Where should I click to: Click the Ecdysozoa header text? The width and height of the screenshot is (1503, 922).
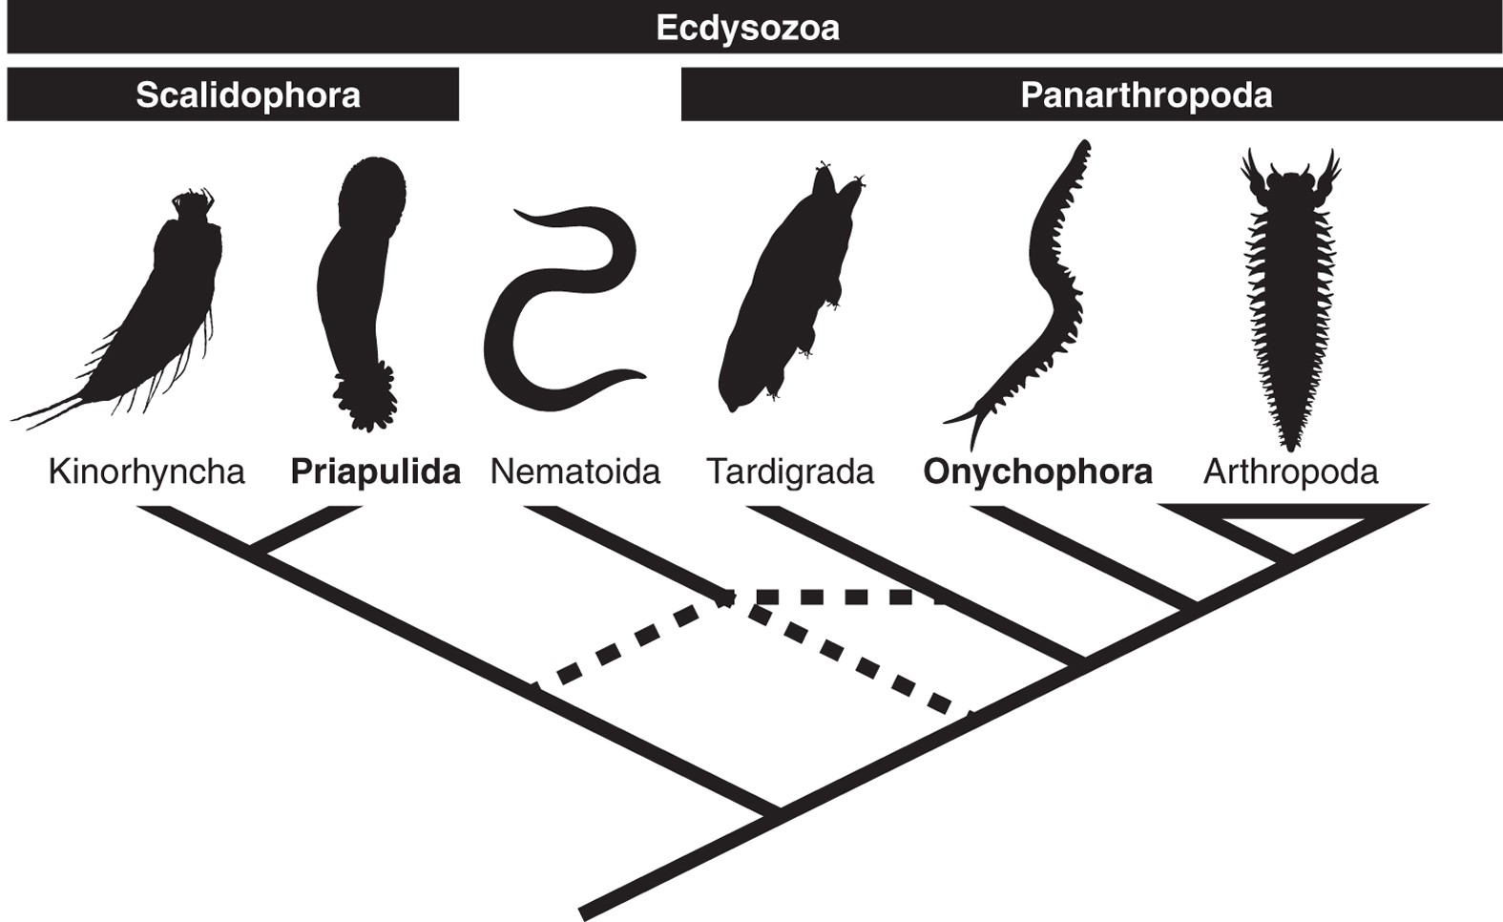[747, 28]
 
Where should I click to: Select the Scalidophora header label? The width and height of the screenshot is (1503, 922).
[248, 94]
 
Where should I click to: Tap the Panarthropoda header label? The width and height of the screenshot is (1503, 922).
[1145, 94]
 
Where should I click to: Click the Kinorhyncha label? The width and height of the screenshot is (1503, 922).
[146, 471]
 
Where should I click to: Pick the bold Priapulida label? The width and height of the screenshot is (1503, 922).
[375, 471]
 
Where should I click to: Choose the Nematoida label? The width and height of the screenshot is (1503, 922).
[574, 471]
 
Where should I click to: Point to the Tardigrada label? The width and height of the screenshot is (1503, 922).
[789, 471]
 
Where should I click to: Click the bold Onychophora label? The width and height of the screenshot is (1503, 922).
[1037, 471]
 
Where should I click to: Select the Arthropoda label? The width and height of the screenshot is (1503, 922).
[1290, 471]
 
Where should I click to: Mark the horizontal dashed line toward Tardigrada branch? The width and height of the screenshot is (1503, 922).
[840, 597]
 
